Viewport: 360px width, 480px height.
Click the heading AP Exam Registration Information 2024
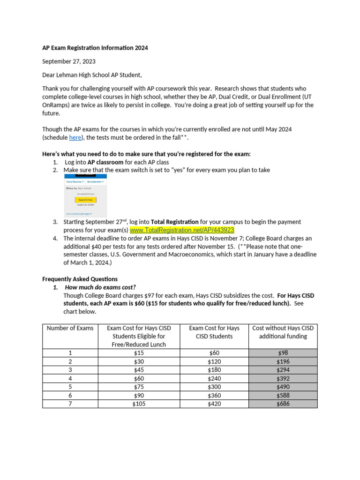[x=95, y=48]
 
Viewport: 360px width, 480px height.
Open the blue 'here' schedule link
[x=75, y=137]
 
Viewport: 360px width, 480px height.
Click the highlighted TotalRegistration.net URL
[x=182, y=230]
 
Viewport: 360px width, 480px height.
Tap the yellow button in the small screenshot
[x=85, y=199]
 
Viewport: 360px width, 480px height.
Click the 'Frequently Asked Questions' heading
[x=80, y=279]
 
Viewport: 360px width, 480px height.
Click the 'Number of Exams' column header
[x=70, y=328]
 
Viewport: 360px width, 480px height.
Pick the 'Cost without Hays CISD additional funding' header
[x=283, y=332]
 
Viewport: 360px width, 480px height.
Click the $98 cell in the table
[x=283, y=353]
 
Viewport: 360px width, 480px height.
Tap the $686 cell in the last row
[x=283, y=404]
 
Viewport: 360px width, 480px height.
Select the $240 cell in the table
[x=214, y=378]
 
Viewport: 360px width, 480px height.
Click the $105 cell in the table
[x=139, y=404]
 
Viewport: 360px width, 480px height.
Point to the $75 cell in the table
[x=139, y=387]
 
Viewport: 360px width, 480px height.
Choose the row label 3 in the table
[x=70, y=370]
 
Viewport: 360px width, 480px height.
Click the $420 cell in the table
[x=214, y=404]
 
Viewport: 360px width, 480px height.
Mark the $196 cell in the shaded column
[x=283, y=361]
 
